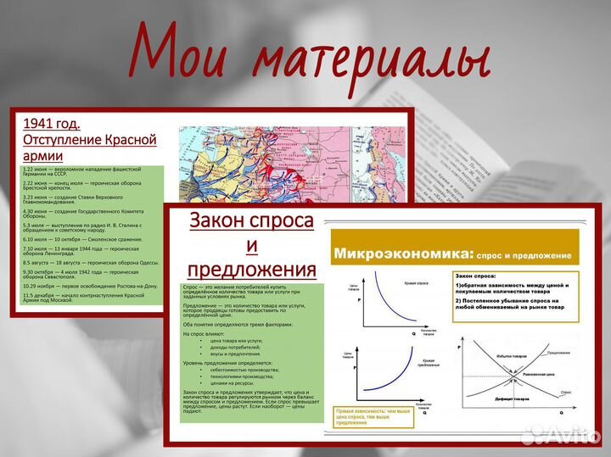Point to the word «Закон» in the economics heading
220,221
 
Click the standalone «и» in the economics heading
251,246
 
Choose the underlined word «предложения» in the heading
251,270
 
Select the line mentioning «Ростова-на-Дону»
85,287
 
